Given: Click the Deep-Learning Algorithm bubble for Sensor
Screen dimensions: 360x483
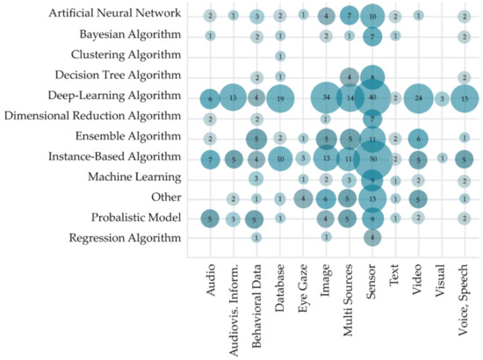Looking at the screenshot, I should click(372, 97).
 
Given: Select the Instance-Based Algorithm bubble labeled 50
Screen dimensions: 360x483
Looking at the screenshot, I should click(372, 158).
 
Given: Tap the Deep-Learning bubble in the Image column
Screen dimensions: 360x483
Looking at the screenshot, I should click(326, 97).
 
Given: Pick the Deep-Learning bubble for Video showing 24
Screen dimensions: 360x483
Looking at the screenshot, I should click(419, 97).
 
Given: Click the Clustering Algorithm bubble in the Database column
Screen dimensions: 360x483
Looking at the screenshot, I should click(279, 56).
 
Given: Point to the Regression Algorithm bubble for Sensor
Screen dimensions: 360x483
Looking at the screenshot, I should click(372, 237).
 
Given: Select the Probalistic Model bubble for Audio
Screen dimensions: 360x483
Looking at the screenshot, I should click(210, 218).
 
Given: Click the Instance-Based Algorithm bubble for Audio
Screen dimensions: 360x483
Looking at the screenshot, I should click(210, 158).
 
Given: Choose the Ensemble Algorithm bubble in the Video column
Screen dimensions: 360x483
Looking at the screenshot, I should click(419, 138).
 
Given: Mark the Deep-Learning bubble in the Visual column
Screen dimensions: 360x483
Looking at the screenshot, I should click(443, 97).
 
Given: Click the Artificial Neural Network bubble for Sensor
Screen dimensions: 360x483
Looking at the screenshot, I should click(372, 16).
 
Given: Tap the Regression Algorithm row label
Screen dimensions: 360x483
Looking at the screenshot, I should click(127, 238).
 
